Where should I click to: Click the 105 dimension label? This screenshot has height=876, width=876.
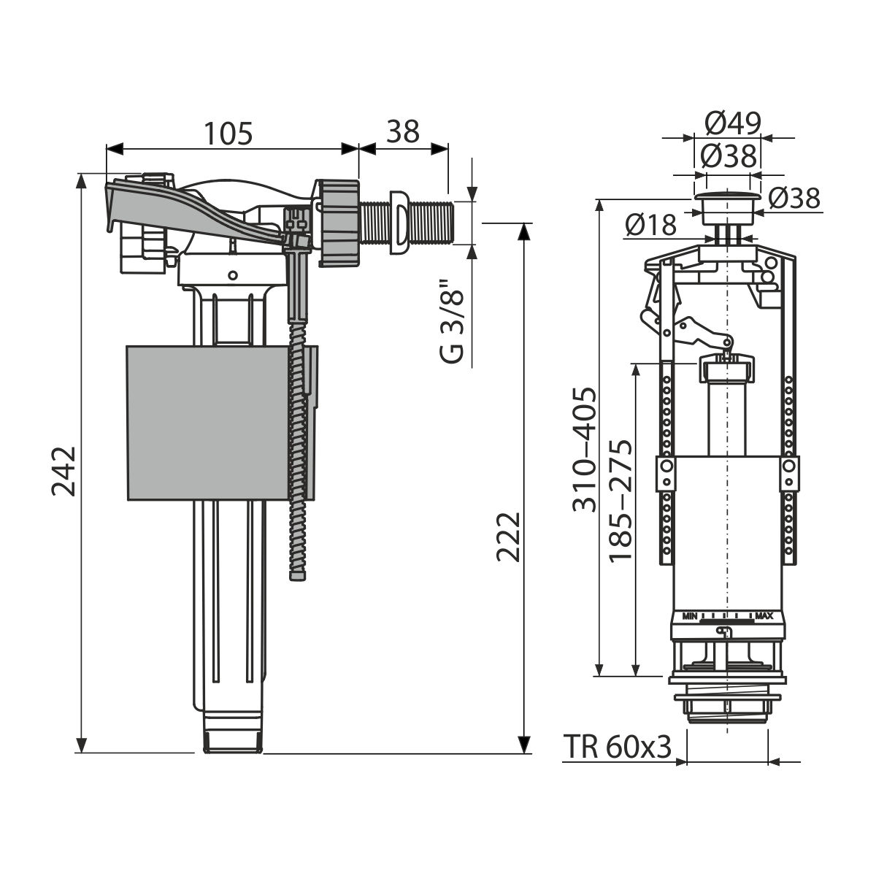click(x=228, y=133)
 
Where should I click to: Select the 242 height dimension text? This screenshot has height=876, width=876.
click(x=64, y=472)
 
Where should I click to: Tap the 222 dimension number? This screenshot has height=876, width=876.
click(x=508, y=537)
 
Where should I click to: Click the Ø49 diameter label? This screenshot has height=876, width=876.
click(x=733, y=123)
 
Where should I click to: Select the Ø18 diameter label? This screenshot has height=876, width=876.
click(x=651, y=225)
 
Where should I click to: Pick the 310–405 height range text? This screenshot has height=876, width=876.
click(x=584, y=450)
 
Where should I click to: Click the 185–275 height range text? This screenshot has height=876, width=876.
click(x=620, y=501)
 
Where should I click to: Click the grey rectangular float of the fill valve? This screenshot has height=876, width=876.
click(x=207, y=423)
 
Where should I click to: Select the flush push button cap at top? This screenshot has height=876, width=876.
click(x=728, y=207)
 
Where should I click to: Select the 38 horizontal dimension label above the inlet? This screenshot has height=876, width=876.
click(x=403, y=133)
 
